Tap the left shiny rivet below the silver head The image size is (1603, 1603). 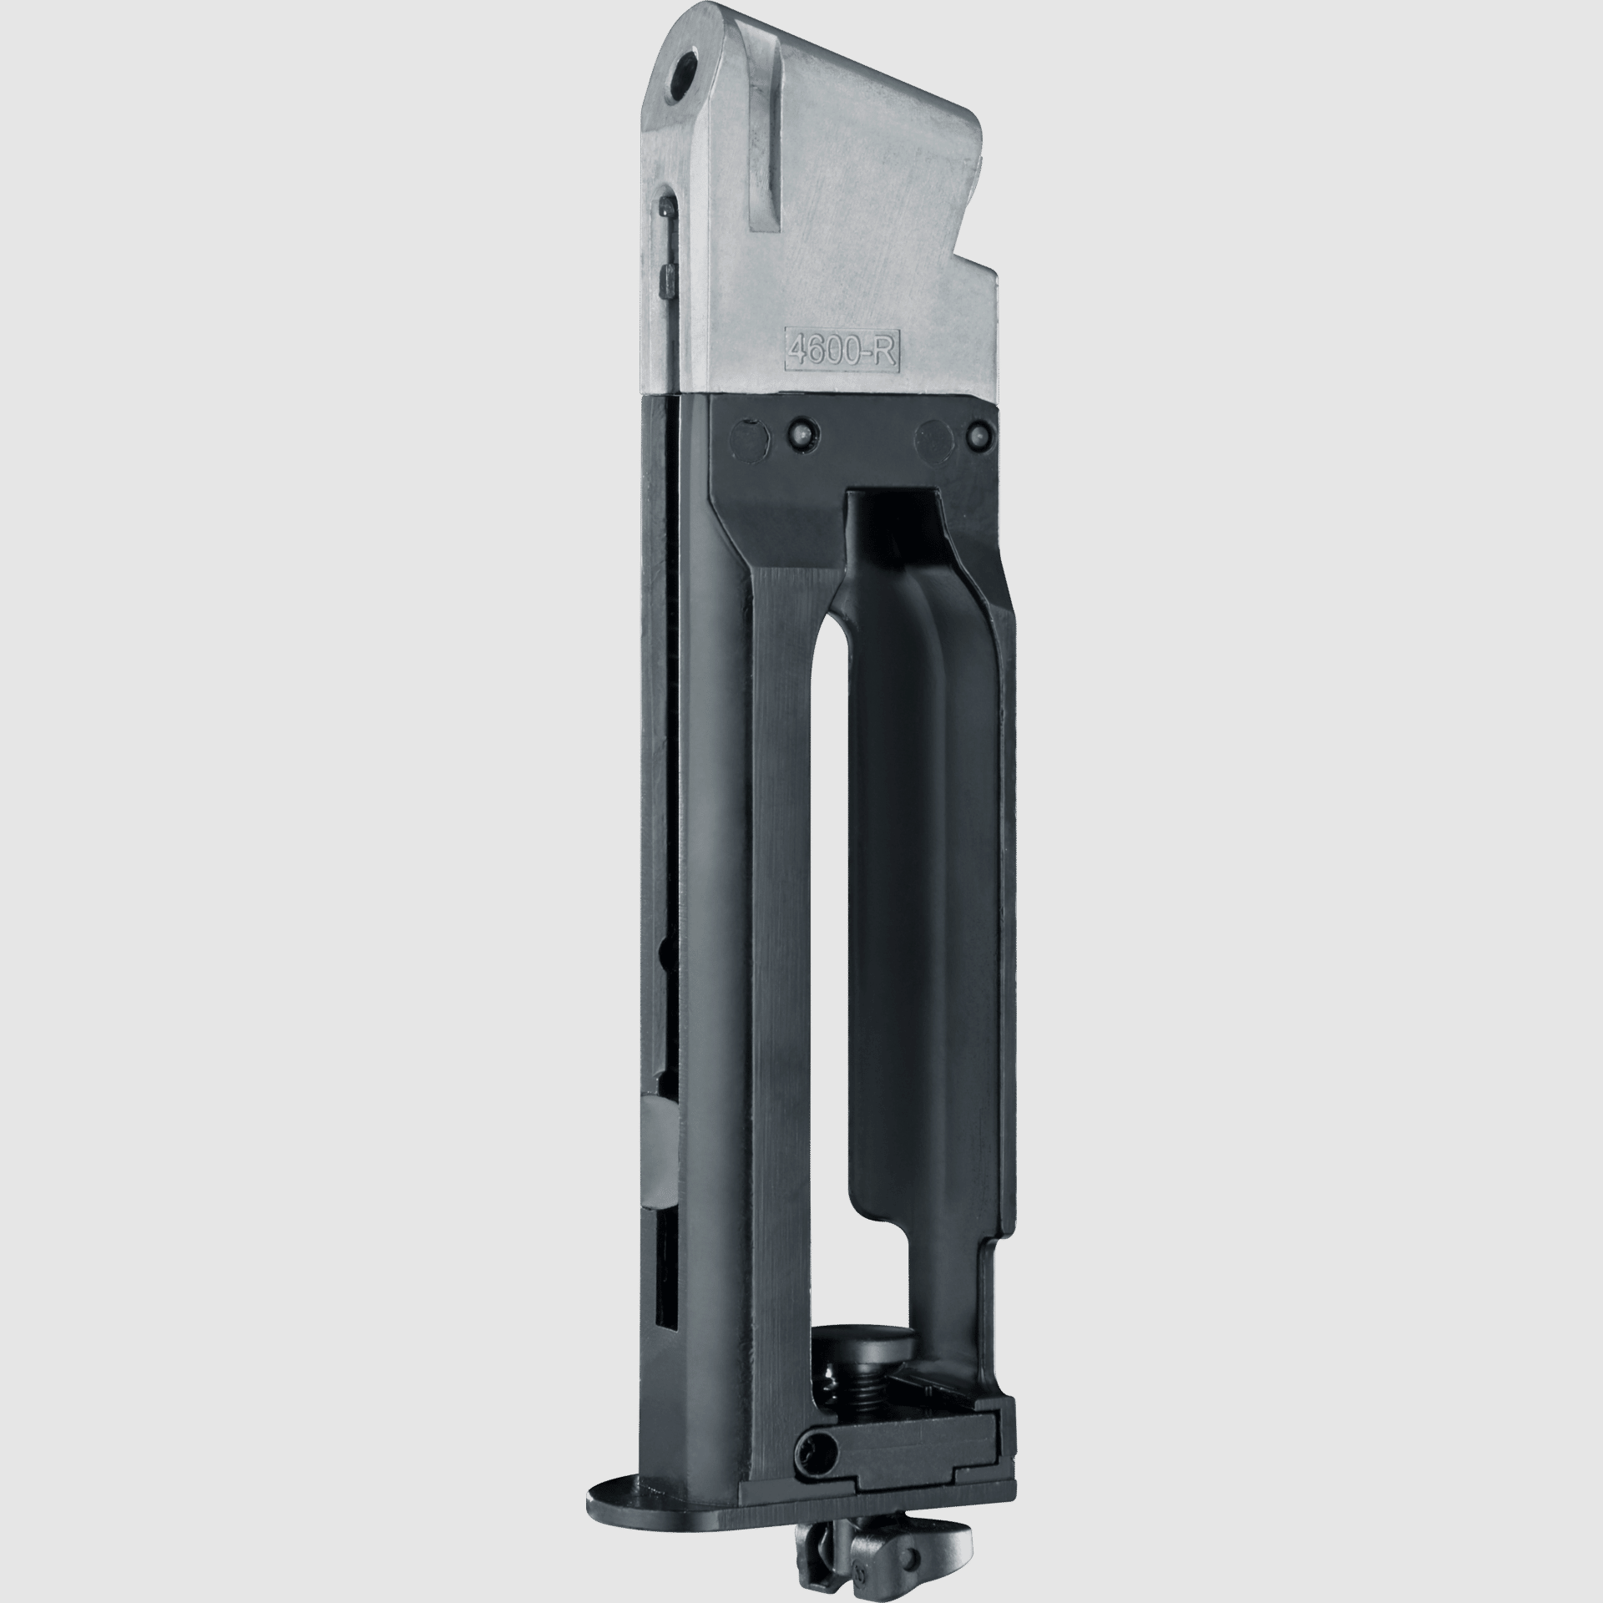tap(800, 433)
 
